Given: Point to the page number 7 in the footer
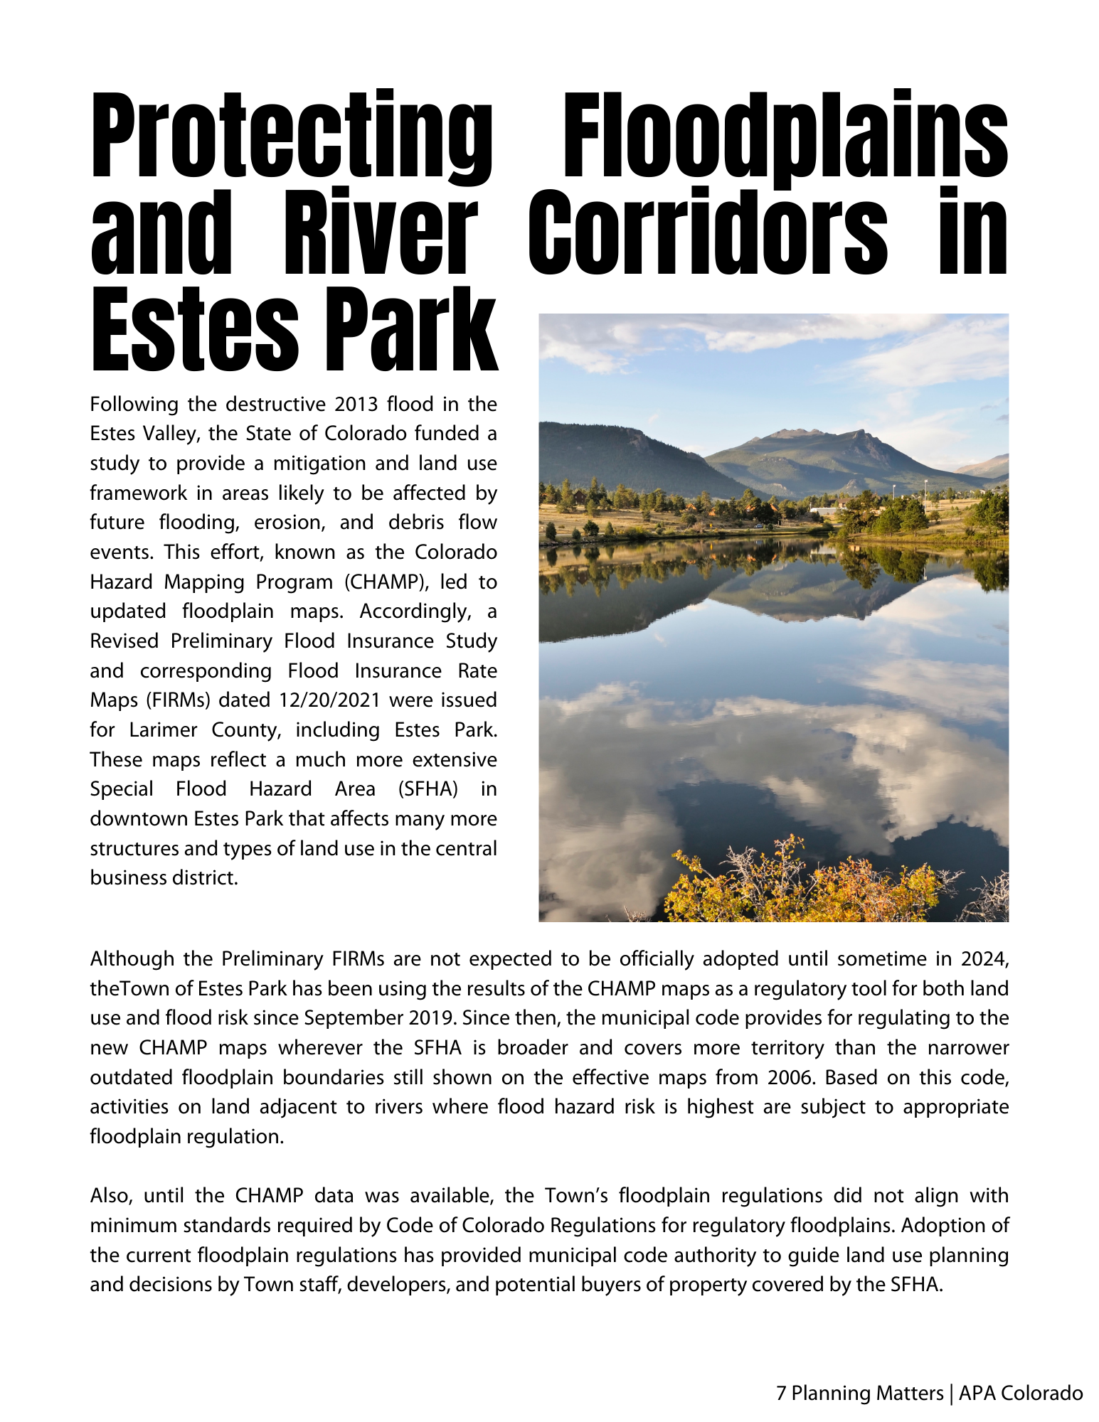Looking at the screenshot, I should (x=780, y=1393).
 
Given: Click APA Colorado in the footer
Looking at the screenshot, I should (x=1021, y=1393).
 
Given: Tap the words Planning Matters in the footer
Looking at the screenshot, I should (x=867, y=1393).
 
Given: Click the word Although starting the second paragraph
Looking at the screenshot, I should (x=132, y=959).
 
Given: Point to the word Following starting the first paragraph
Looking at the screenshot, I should (x=134, y=404).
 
